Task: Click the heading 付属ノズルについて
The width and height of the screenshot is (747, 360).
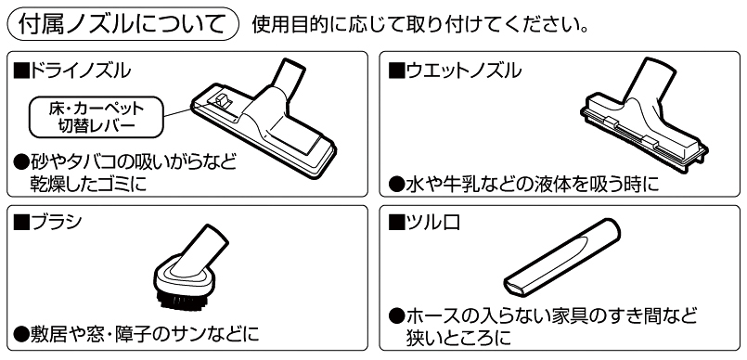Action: pos(122,24)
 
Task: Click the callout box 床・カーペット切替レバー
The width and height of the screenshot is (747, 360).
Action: pos(97,117)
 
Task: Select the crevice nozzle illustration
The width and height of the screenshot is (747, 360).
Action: pos(562,258)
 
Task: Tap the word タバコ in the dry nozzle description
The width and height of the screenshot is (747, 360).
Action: pos(95,163)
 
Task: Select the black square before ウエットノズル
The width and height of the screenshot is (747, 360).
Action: pos(396,71)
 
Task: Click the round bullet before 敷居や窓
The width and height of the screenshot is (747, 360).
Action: pos(22,333)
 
